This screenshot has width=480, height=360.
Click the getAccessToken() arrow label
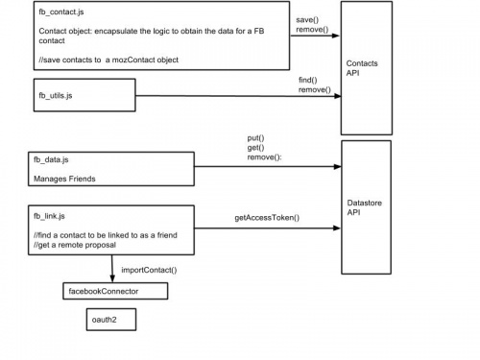click(x=267, y=219)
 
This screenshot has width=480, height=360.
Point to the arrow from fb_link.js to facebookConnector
click(x=113, y=268)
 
